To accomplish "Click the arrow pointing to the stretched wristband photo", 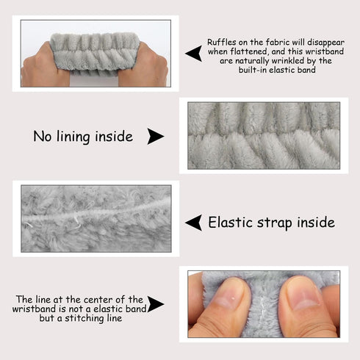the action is [195, 53].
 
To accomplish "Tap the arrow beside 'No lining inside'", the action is [155, 136].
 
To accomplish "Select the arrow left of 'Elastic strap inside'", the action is [195, 223].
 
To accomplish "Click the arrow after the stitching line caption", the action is [155, 304].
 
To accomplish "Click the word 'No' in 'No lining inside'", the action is [42, 136].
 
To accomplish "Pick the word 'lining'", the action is [73, 137].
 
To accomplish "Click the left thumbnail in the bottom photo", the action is [228, 295].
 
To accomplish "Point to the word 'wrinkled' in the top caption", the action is [289, 61].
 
